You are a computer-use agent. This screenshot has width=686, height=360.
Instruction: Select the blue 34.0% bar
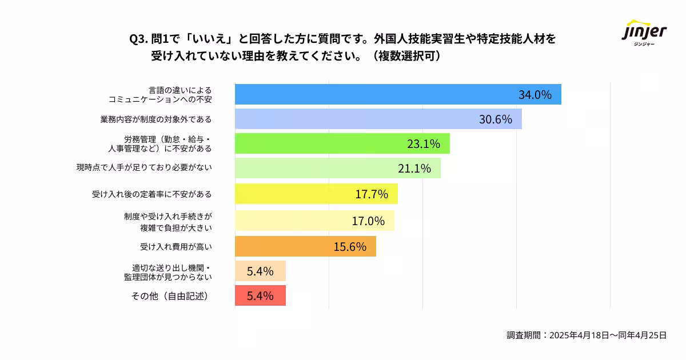coord(372,94)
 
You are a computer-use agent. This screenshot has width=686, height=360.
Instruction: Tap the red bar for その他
coord(260,296)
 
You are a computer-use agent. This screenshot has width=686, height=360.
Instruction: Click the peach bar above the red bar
coord(260,271)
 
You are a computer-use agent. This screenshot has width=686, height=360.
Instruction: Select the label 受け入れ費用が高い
coord(176,247)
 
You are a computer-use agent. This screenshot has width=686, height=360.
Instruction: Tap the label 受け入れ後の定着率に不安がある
coord(152,194)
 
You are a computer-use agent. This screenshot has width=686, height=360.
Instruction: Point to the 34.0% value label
coord(535,95)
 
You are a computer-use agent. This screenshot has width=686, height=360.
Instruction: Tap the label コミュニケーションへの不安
coord(160,99)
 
